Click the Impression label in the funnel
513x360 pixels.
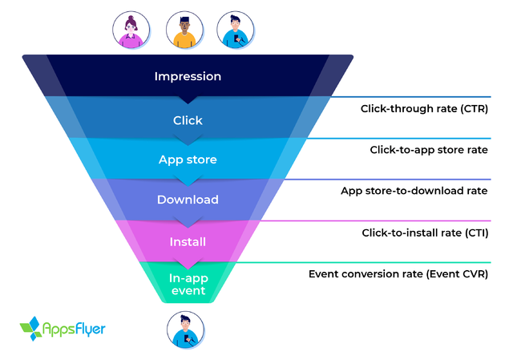pyautogui.click(x=188, y=77)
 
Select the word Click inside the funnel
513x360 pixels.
pyautogui.click(x=188, y=120)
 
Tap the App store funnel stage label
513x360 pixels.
pyautogui.click(x=188, y=160)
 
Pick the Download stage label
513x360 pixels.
pyautogui.click(x=188, y=200)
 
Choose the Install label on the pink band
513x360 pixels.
pyautogui.click(x=188, y=241)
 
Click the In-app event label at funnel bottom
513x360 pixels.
pyautogui.click(x=188, y=284)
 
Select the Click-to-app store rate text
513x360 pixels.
pyautogui.click(x=429, y=150)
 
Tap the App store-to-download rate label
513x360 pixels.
pyautogui.click(x=414, y=191)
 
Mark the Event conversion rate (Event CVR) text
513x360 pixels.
pyautogui.click(x=398, y=274)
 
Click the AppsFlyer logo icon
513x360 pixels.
pyautogui.click(x=30, y=329)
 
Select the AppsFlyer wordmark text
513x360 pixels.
pyautogui.click(x=74, y=329)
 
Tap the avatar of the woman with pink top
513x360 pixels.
pyautogui.click(x=130, y=31)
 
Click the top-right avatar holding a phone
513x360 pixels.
pyautogui.click(x=234, y=31)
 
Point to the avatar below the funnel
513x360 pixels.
pyautogui.click(x=188, y=330)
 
